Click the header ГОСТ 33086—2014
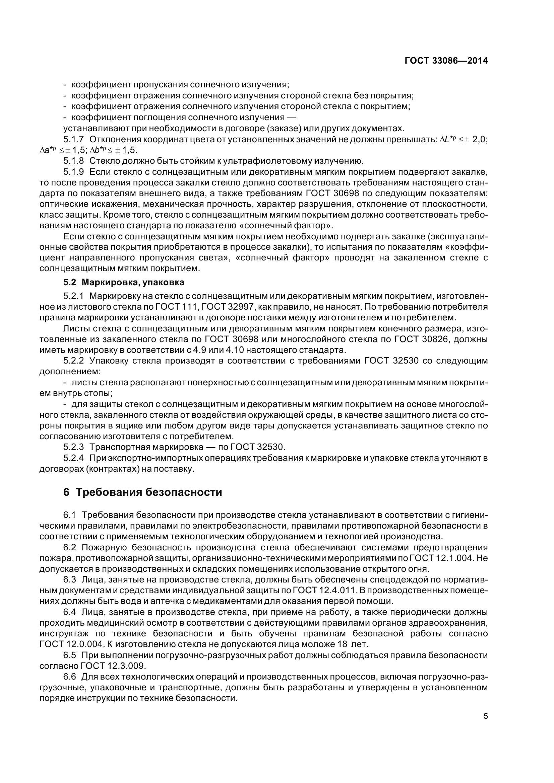pos(446,61)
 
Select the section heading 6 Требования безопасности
pos(143,492)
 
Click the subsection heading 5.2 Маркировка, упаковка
pos(124,283)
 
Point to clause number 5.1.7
pos(73,140)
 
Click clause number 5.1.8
pos(73,161)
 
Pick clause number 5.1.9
pos(73,172)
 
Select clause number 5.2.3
pos(73,447)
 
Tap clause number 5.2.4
pos(73,458)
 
